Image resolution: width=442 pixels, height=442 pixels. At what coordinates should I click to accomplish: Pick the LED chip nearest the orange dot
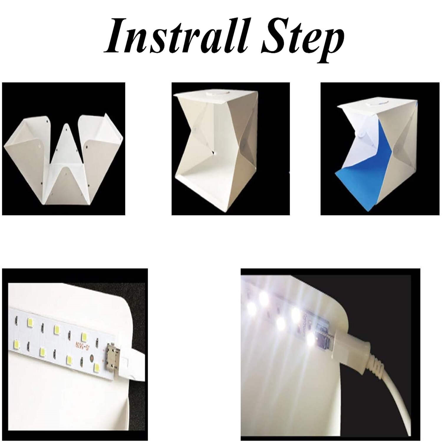click(96, 367)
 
